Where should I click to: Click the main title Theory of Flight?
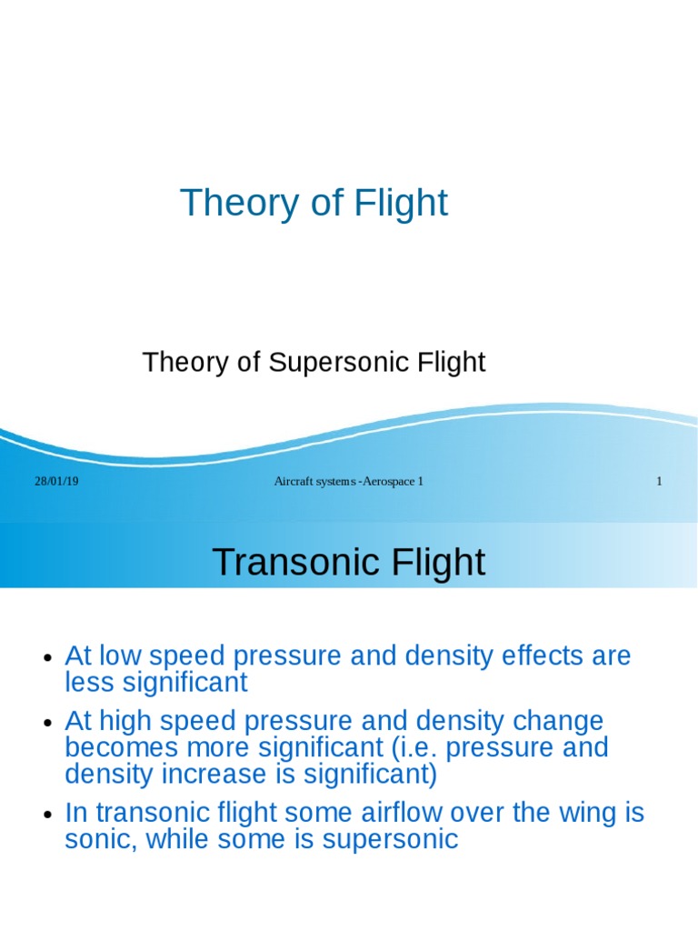314,203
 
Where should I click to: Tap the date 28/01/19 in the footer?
56,481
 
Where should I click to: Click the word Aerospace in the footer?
388,481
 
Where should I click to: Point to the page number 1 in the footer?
659,481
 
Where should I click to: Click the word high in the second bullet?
120,722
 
